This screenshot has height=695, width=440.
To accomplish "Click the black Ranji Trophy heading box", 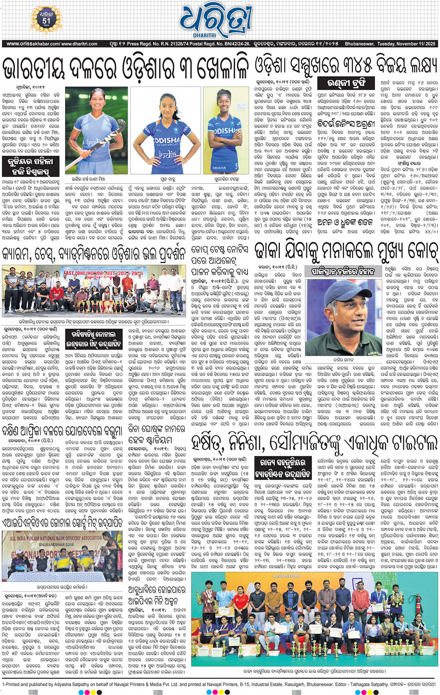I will pyautogui.click(x=347, y=83).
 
